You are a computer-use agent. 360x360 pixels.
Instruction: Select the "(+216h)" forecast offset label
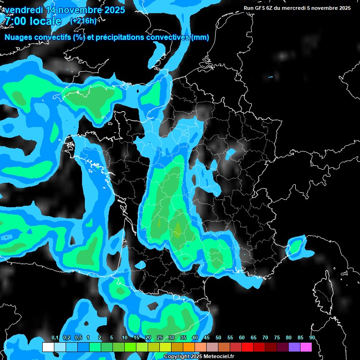coord(83,21)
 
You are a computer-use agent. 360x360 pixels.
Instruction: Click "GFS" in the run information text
coord(263,8)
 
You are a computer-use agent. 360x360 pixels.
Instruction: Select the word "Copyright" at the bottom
coord(177,357)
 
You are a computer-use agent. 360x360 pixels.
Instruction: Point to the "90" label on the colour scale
coord(312,337)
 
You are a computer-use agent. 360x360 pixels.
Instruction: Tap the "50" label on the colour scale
coord(218,337)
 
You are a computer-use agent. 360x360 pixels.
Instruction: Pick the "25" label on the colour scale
coord(160,337)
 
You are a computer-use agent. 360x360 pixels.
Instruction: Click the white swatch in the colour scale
coord(48,347)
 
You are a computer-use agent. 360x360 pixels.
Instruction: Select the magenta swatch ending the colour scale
coord(306,347)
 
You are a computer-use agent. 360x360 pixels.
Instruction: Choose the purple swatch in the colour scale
coord(294,347)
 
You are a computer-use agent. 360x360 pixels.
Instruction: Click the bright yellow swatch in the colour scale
coord(165,347)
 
